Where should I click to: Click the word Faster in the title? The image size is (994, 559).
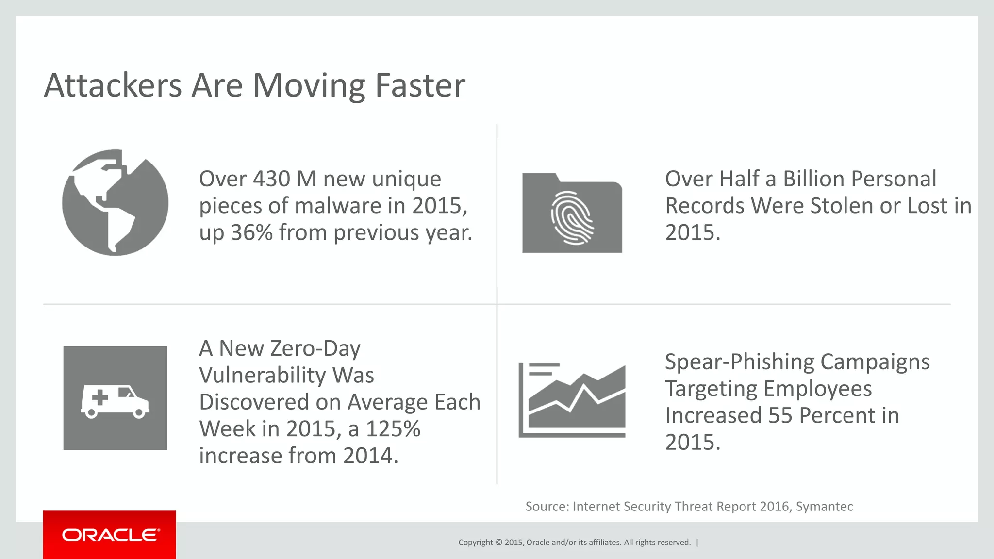420,86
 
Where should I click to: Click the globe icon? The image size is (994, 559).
115,202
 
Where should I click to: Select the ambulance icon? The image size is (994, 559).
115,398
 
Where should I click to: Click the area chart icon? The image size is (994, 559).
572,400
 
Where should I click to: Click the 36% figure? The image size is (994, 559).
251,233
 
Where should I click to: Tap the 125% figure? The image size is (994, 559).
393,429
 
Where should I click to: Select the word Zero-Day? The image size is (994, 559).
314,348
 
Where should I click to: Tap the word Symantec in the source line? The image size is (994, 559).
824,507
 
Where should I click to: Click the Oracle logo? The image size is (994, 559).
110,535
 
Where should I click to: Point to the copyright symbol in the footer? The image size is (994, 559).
499,543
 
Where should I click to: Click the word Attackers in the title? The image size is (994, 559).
113,86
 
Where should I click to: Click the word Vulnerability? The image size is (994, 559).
286,376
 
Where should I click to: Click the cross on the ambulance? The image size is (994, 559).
100,398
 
